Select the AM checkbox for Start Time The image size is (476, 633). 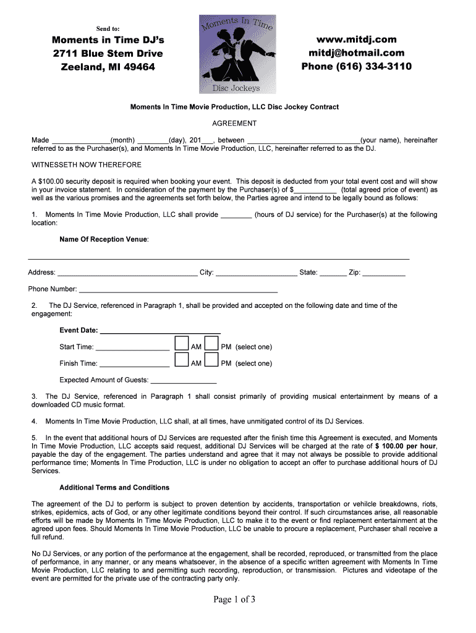[181, 344]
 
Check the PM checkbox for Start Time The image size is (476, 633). [211, 344]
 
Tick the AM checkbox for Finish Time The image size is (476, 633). [181, 360]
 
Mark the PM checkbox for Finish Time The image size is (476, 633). [211, 360]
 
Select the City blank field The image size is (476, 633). [256, 273]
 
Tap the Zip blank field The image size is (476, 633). [383, 273]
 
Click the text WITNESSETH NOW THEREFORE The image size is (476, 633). [87, 165]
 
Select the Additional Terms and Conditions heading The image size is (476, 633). [114, 488]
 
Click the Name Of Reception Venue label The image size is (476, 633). [103, 239]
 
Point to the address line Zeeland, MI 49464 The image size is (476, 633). [108, 67]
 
